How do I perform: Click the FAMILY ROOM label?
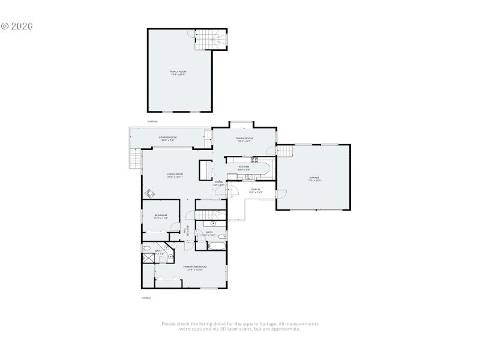pos(177,72)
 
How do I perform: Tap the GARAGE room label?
pos(314,178)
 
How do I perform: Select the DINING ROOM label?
pos(245,139)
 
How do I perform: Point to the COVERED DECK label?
pos(168,138)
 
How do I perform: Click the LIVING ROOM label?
pos(175,175)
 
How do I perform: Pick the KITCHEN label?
pos(244,167)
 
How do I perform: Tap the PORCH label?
pos(256,190)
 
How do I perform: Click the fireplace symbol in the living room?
pos(149,193)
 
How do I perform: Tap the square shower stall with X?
pos(148,259)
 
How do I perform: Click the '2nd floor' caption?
pos(152,121)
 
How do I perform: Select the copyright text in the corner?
pos(17,26)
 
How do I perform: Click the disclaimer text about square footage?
pos(240,326)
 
